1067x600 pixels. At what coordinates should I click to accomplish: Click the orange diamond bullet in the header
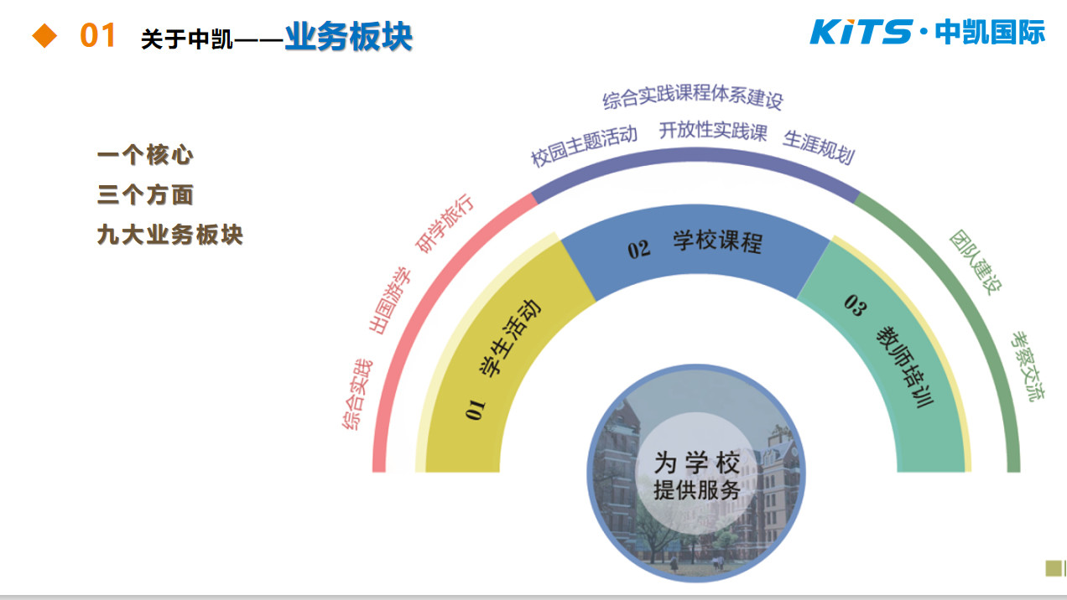44,36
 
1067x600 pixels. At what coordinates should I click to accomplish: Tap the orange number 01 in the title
97,35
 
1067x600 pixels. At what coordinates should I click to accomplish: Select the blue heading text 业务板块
349,36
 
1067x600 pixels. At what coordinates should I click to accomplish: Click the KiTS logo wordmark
861,32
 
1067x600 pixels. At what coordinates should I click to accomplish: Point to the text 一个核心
145,155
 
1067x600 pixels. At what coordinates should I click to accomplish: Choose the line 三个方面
145,194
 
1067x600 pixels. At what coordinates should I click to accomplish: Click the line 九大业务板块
170,235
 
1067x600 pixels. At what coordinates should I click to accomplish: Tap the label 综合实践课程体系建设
693,96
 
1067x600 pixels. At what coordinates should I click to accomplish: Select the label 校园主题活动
585,145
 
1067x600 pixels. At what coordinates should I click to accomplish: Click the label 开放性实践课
713,131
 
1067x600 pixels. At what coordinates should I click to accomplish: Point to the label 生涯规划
820,147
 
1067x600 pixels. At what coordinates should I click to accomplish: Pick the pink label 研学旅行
445,223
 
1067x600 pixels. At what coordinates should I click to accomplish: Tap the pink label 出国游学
390,300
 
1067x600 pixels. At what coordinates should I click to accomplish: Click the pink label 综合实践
357,395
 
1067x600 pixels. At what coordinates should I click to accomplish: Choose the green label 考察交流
1028,366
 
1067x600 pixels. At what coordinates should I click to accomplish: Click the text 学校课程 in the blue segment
718,241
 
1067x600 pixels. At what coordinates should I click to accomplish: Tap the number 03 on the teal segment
856,306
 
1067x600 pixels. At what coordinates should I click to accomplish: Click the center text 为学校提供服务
697,476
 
